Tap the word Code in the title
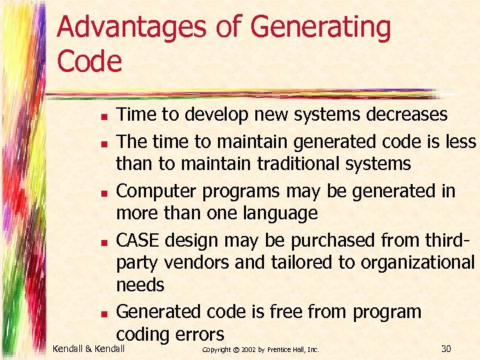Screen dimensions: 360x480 [90, 61]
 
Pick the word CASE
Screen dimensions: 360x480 [139, 239]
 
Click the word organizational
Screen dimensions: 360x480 [417, 263]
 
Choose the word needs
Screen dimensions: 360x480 [140, 285]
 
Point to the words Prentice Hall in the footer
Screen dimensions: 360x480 [289, 349]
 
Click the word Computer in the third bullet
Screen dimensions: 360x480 [155, 191]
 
